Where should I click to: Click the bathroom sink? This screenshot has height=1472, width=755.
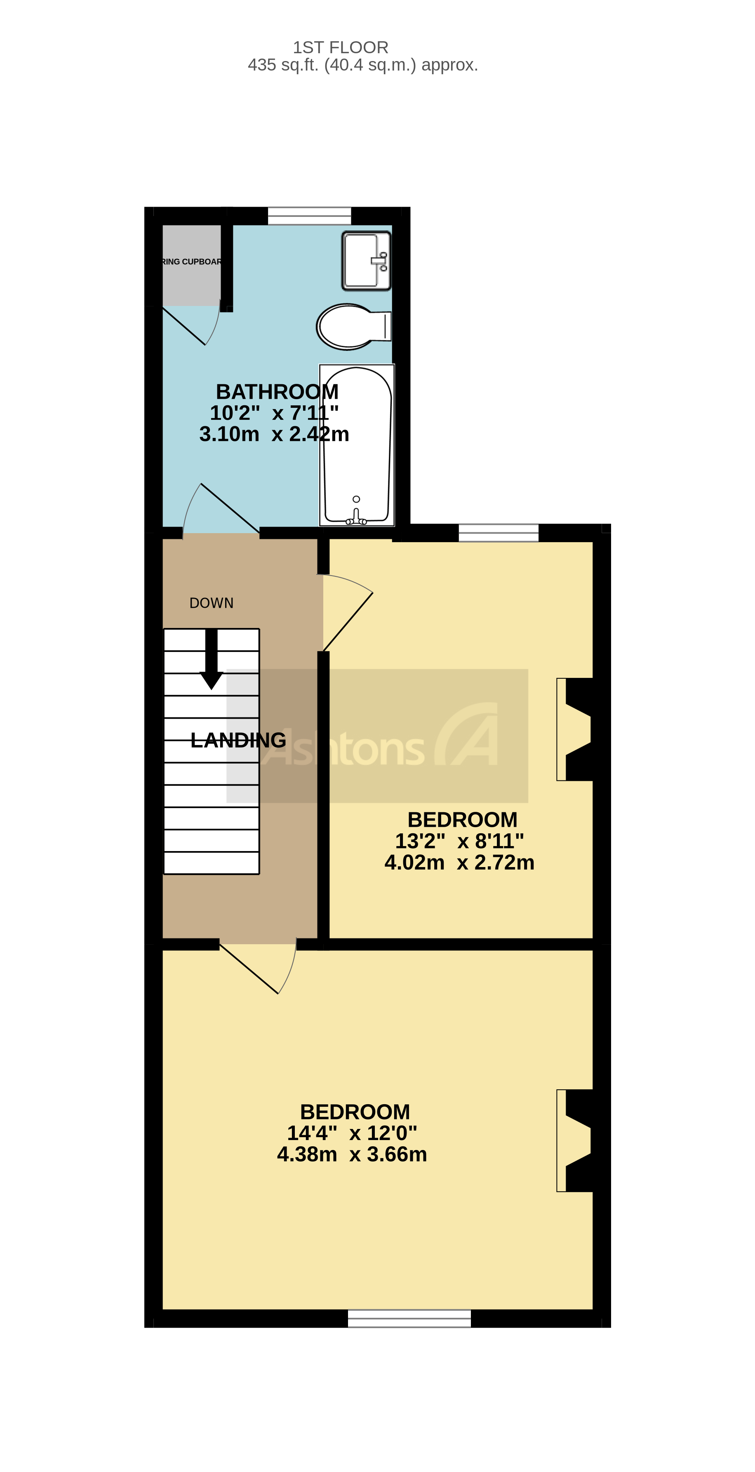coord(366,261)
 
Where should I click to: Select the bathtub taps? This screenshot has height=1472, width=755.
coord(356,517)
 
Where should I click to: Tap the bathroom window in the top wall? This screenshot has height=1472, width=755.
coord(309,216)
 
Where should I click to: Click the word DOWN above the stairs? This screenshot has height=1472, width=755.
coord(212,603)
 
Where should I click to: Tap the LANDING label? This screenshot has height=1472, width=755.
coord(238,741)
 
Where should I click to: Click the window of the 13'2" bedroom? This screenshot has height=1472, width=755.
coord(499,533)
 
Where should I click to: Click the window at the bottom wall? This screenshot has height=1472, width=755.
coord(409,1318)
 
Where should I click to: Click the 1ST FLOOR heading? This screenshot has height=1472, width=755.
coord(341,47)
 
